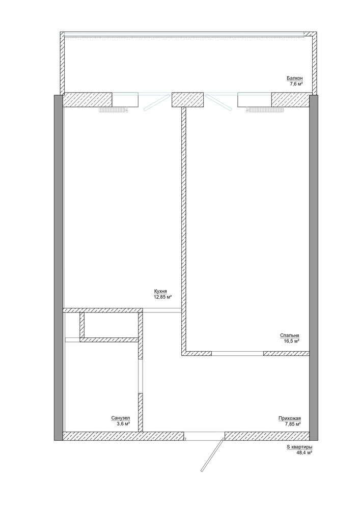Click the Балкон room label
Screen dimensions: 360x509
click(294, 78)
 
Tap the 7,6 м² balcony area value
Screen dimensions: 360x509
click(296, 84)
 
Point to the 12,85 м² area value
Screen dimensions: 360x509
click(162, 297)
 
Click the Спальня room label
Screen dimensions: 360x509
click(290, 335)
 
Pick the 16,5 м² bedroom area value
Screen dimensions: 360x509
click(291, 341)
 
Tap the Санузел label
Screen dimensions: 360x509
click(121, 418)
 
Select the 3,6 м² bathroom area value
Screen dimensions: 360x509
click(123, 424)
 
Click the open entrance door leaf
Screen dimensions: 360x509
click(212, 455)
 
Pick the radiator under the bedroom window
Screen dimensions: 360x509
click(265, 110)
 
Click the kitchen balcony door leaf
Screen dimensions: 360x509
click(157, 102)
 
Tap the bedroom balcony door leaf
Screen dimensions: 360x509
click(219, 102)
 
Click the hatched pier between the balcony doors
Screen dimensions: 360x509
click(187, 100)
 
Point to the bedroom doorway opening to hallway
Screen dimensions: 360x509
click(237, 353)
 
